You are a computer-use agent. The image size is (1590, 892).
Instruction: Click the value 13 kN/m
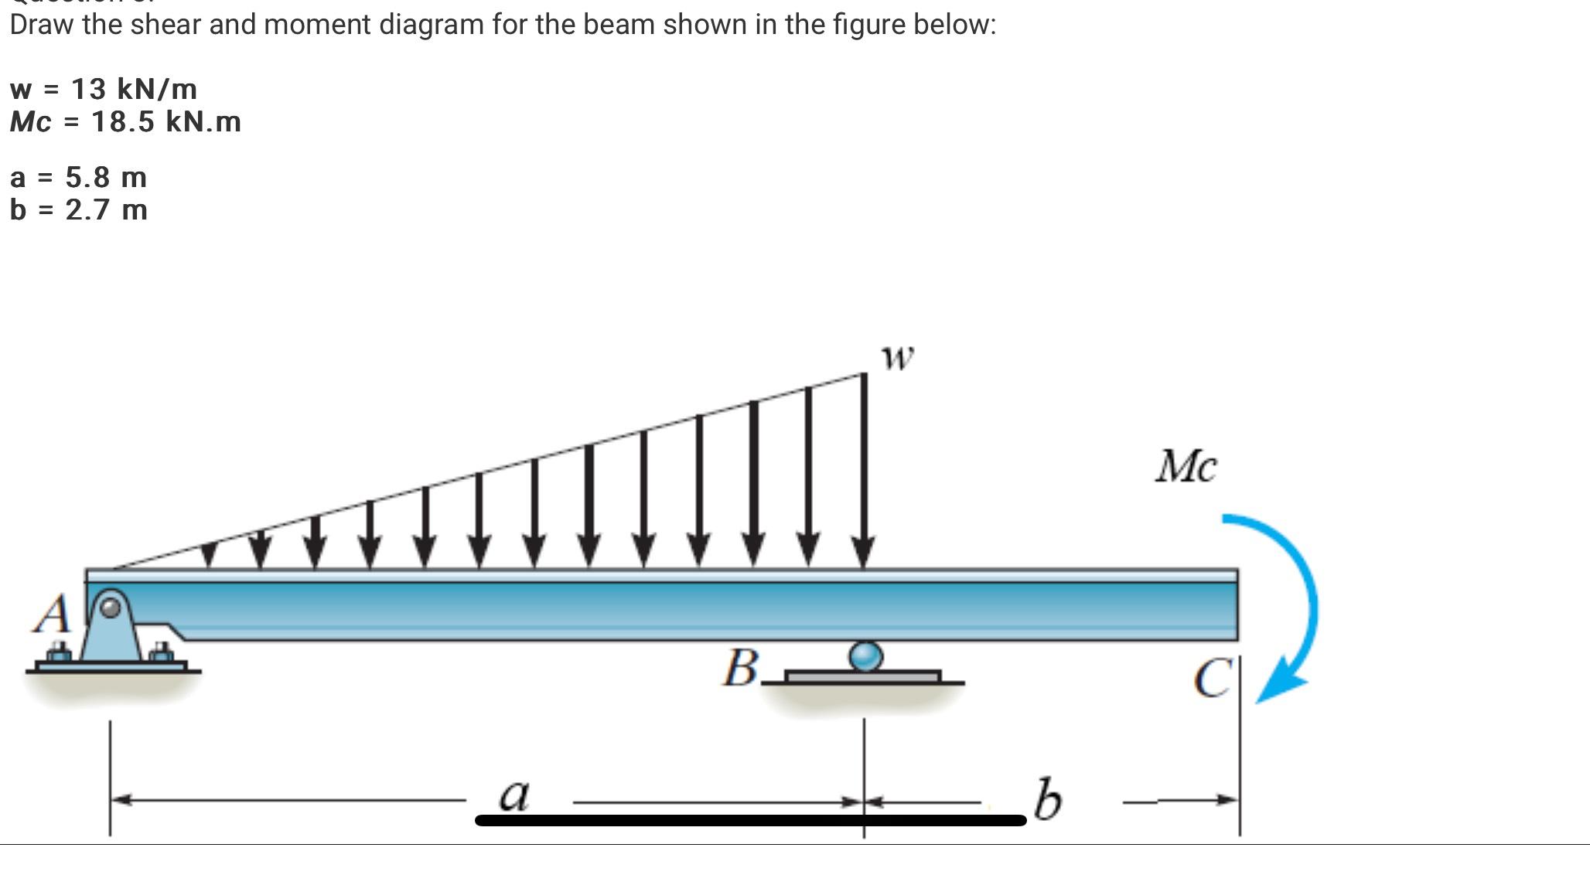(134, 89)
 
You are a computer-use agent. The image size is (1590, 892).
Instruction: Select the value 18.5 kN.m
(165, 121)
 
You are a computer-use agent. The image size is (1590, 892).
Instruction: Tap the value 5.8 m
(106, 177)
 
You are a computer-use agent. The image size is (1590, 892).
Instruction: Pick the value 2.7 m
(106, 209)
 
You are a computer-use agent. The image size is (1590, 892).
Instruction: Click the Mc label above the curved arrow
(1186, 467)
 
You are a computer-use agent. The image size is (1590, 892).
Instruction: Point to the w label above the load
(897, 357)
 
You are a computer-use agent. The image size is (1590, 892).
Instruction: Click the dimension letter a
(514, 795)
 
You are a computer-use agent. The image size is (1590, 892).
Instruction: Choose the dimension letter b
(1048, 800)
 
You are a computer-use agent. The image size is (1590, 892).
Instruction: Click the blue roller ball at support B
(865, 656)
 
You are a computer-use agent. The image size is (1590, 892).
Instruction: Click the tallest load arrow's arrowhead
(864, 552)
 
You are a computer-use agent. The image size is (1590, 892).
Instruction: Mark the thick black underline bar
(750, 820)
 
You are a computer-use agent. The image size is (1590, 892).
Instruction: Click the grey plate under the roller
(863, 677)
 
